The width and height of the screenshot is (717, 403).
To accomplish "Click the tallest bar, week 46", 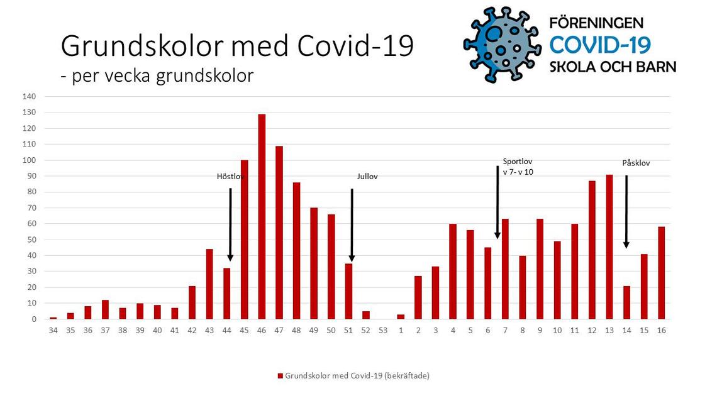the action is click(262, 216).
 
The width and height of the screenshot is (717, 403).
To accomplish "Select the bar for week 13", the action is click(609, 246).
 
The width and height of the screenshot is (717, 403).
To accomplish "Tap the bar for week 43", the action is click(209, 284).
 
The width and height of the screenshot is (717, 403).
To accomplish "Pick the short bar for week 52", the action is click(366, 315).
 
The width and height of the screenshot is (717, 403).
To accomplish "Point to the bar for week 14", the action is click(626, 302).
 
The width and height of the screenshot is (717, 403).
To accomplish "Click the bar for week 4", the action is click(453, 272).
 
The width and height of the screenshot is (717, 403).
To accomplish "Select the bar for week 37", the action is click(105, 310).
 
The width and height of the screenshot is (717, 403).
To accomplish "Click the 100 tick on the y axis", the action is click(30, 160).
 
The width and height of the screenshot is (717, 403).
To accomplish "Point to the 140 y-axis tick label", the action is click(30, 96).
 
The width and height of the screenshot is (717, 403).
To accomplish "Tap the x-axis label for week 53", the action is click(383, 330).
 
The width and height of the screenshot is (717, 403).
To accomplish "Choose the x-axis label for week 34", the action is click(53, 330).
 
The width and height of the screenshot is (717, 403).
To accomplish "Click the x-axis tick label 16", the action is click(661, 330).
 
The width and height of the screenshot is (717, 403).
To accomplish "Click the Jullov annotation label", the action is click(367, 177).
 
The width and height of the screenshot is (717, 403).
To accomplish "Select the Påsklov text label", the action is click(636, 163).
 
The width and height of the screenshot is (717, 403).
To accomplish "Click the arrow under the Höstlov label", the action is click(230, 224).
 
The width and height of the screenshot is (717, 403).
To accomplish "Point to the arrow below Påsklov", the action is click(626, 211).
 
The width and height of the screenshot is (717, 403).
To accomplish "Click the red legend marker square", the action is click(281, 376).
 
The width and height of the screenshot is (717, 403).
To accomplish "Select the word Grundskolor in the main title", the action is click(143, 46).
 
